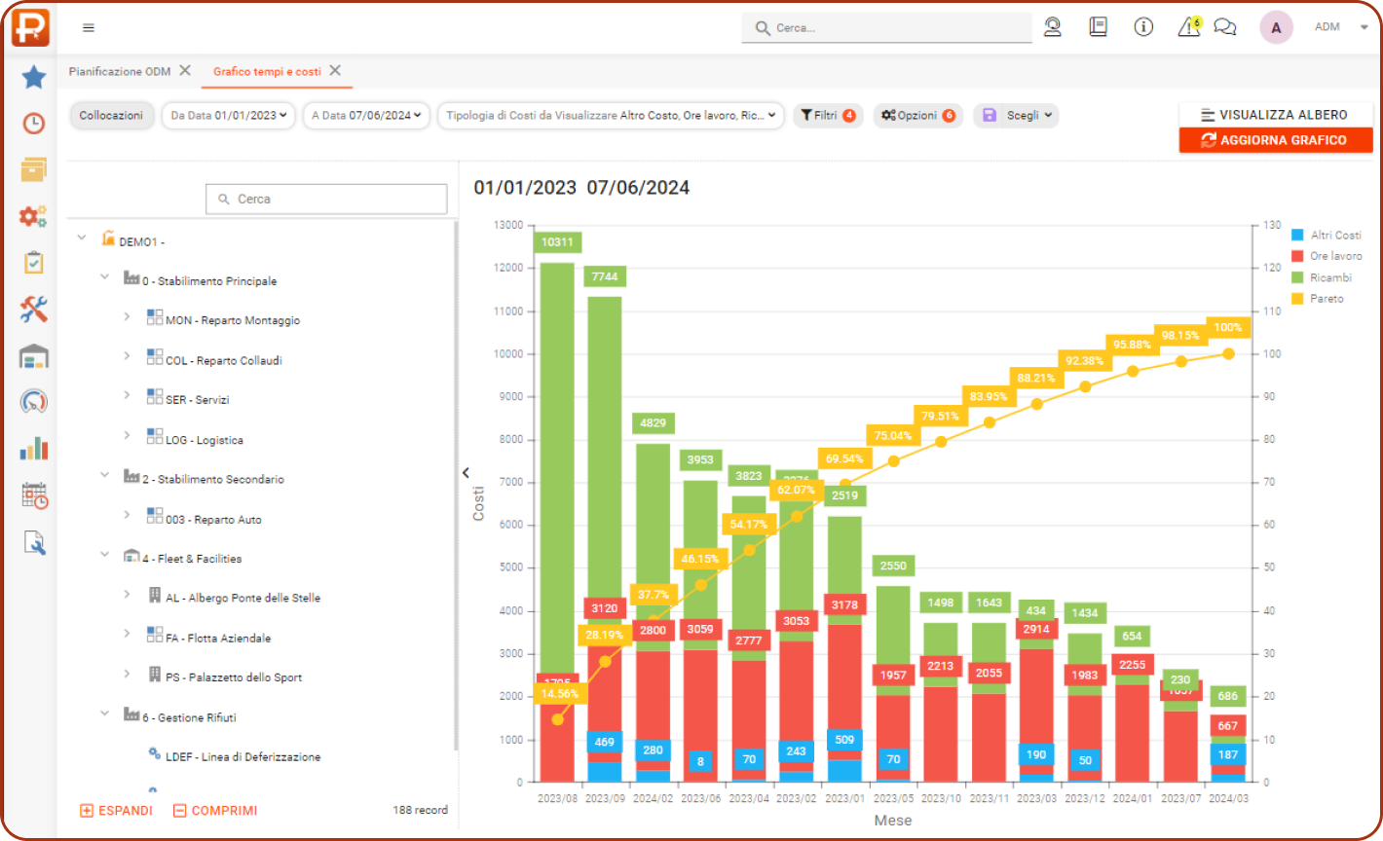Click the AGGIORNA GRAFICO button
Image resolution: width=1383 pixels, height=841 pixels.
click(1275, 140)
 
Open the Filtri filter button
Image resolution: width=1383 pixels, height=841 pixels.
click(827, 116)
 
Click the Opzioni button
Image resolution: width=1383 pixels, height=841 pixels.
click(917, 116)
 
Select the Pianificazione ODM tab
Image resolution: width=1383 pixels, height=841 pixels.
click(120, 72)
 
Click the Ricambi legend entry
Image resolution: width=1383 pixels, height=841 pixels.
click(1329, 277)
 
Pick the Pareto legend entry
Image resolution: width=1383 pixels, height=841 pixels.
click(1326, 299)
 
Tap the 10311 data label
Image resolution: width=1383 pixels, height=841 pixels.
click(557, 241)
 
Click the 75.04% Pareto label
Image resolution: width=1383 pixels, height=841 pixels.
click(893, 436)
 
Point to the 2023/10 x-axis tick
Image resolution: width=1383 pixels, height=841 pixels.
click(941, 798)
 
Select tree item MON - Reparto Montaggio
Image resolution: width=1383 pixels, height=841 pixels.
click(232, 320)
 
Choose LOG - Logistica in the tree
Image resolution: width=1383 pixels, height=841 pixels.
click(204, 440)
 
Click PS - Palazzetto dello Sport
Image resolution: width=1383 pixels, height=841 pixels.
click(234, 677)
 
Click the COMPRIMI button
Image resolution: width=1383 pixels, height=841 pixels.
click(215, 811)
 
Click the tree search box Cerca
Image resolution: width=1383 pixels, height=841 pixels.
click(326, 199)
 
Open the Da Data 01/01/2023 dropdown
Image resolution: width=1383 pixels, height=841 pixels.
click(228, 116)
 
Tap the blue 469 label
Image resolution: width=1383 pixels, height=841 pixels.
click(604, 742)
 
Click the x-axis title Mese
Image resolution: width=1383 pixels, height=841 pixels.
click(892, 821)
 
